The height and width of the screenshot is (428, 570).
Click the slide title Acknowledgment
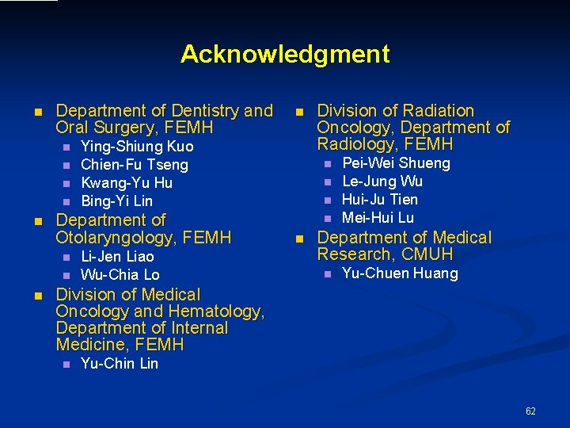tap(285, 54)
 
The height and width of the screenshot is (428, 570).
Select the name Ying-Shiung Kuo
tap(137, 147)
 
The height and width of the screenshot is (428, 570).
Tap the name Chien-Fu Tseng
tap(135, 165)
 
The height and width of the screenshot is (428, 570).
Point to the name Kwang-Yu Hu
tap(127, 183)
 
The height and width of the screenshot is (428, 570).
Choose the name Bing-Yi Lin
tap(117, 201)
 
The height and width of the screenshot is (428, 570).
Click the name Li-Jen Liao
tap(117, 257)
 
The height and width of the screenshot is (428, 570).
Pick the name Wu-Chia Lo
tap(120, 275)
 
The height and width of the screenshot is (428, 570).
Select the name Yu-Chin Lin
tap(120, 364)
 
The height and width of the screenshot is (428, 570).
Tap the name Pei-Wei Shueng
tap(396, 163)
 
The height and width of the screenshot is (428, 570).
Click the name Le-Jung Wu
tap(382, 182)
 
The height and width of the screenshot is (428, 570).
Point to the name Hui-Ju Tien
tap(380, 200)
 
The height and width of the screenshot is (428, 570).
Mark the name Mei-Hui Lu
tap(378, 218)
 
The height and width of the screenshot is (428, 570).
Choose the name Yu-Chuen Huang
tap(400, 273)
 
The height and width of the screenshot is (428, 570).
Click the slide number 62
tap(530, 411)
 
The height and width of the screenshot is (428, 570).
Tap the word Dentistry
tap(207, 111)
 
